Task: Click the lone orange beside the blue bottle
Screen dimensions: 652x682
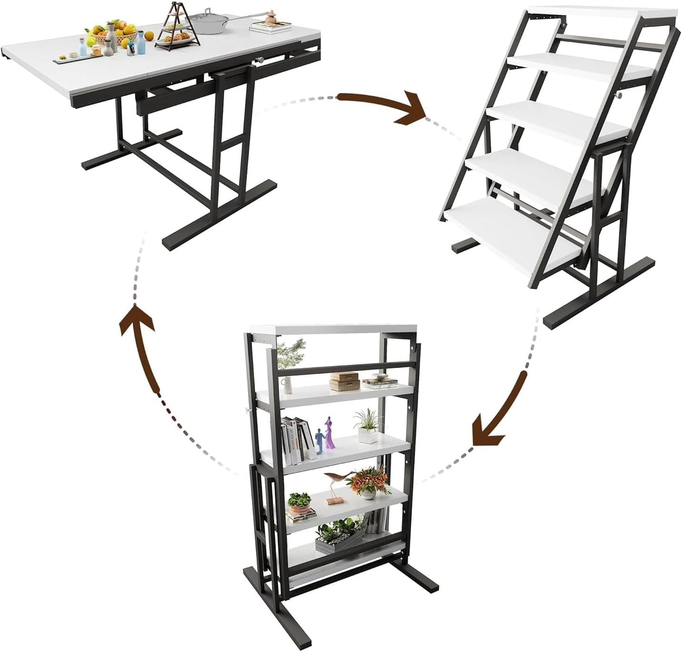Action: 149,37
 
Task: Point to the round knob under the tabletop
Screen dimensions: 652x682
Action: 260,60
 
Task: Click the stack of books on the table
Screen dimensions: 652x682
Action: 267,27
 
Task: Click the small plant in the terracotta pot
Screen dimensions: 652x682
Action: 299,503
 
